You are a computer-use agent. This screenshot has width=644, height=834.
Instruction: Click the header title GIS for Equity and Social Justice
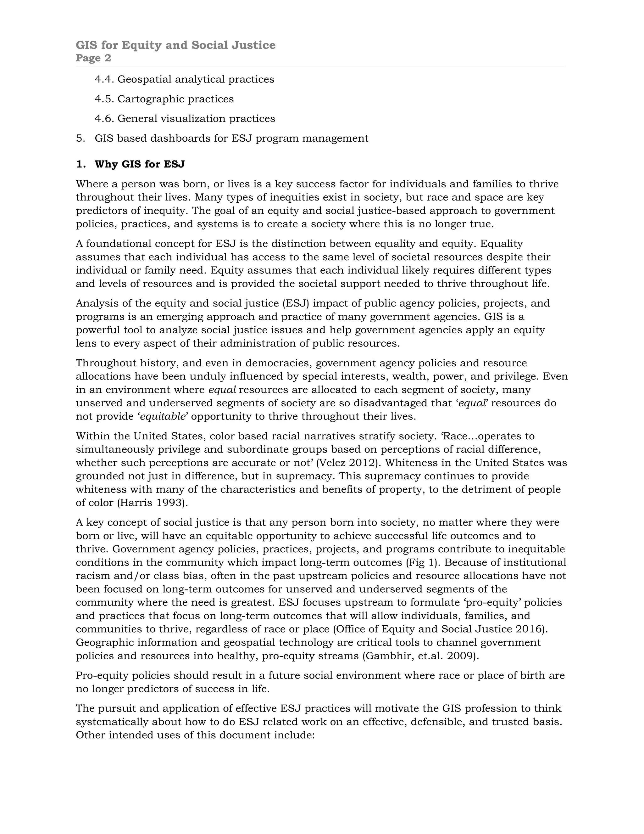[x=175, y=45]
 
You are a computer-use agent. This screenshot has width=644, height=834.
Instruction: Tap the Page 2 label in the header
[x=93, y=58]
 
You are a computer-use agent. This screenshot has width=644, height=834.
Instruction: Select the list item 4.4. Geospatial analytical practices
[x=184, y=79]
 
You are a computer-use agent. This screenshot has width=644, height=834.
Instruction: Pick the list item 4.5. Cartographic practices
[x=164, y=99]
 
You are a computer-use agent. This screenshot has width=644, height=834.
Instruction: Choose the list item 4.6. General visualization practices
[x=185, y=118]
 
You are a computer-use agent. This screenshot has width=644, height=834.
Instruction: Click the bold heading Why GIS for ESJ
[x=139, y=164]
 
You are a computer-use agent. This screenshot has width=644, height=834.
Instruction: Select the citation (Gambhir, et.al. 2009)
[x=420, y=656]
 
